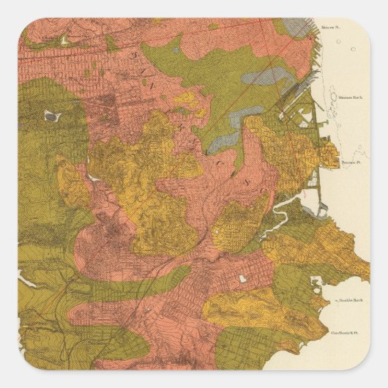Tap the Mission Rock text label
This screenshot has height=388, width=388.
pyautogui.click(x=346, y=96)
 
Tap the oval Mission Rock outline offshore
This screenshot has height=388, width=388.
pyautogui.click(x=323, y=96)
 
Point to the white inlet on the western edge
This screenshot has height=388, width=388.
pyautogui.click(x=26, y=279)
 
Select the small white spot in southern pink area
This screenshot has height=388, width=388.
pyautogui.click(x=242, y=279)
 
